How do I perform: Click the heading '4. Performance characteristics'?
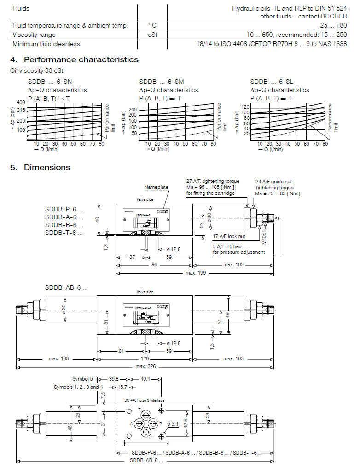(x=74, y=59)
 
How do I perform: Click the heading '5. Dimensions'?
(x=40, y=167)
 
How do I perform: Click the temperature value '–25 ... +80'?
(x=332, y=26)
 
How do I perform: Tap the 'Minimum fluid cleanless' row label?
(x=46, y=44)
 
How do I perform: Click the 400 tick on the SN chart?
(x=21, y=102)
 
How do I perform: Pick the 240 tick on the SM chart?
(x=133, y=110)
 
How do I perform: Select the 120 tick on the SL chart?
(x=245, y=107)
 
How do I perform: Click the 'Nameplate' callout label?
(x=156, y=188)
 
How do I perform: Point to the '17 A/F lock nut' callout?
(x=228, y=236)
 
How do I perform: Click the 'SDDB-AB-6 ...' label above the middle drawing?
(x=66, y=287)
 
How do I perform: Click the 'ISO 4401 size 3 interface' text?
(x=144, y=400)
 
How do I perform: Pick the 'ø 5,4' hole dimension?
(x=173, y=423)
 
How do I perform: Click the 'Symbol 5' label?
(x=82, y=379)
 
